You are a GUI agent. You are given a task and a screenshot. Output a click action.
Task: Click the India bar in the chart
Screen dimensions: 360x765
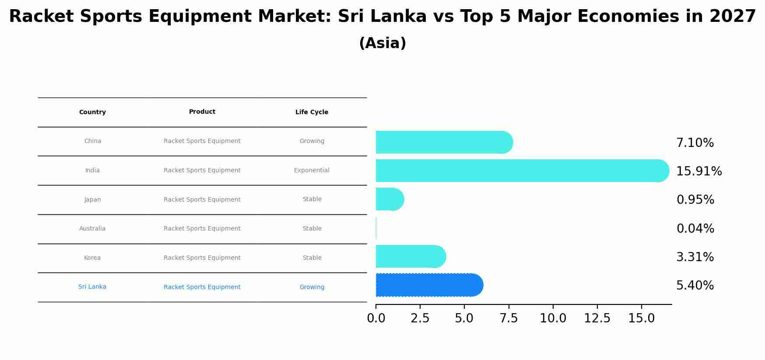(521, 171)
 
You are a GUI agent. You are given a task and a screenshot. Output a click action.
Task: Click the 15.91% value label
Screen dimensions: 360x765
(699, 171)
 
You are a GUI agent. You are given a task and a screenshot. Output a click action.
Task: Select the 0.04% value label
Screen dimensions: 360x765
(695, 229)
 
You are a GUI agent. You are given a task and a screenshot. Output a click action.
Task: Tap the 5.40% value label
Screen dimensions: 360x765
(695, 286)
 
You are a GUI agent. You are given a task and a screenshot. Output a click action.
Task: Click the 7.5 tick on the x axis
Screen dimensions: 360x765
(509, 318)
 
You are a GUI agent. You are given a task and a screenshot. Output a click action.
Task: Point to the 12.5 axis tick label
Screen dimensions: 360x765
(597, 318)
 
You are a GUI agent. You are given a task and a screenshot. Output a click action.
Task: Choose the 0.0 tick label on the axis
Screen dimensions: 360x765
(376, 318)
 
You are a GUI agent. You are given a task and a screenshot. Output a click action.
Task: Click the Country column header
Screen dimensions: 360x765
(92, 112)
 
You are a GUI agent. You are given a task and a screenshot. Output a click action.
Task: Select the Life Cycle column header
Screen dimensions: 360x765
(312, 112)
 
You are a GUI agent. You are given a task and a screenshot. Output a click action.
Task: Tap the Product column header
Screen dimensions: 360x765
(202, 112)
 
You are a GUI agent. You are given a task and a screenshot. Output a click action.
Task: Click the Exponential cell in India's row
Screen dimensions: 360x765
(312, 171)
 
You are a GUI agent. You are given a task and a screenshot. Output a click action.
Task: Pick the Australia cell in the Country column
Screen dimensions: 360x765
(92, 229)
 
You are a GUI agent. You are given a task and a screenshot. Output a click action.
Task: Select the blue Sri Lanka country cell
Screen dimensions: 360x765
(92, 287)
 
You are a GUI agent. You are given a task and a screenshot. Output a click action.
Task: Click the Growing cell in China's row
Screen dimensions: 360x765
(312, 141)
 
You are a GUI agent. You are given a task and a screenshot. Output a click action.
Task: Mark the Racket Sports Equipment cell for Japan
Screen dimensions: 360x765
(202, 200)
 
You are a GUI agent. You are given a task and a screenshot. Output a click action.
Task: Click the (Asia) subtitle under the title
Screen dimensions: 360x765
(382, 43)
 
